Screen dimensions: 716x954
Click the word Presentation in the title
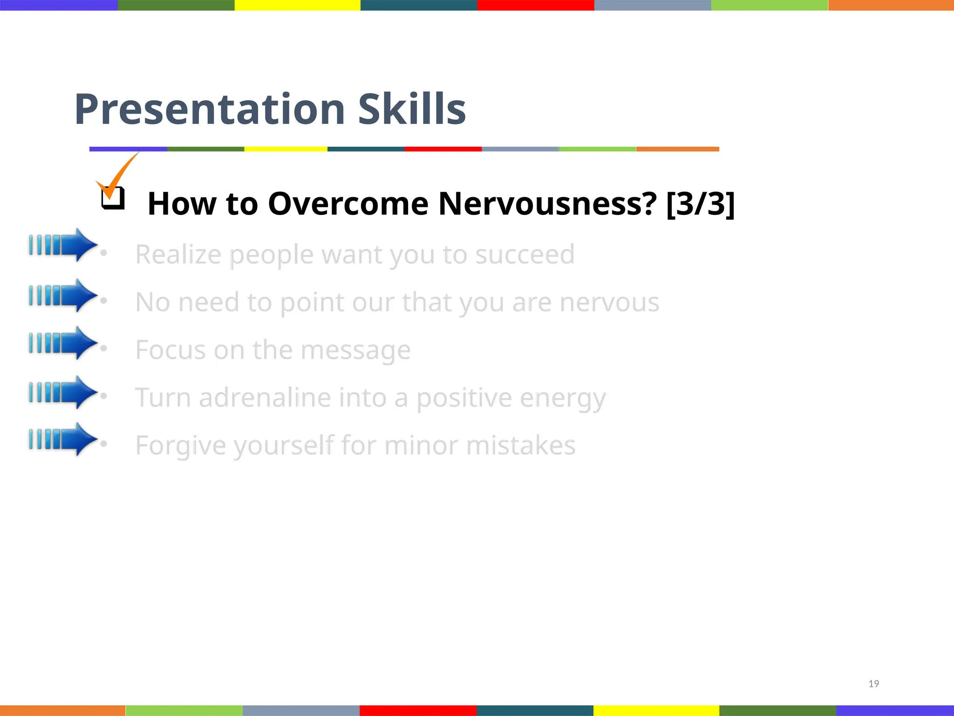click(x=210, y=110)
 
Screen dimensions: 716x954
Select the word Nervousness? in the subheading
click(x=547, y=204)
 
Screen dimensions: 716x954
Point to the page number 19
click(x=873, y=684)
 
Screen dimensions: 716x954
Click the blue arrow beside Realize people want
click(x=63, y=245)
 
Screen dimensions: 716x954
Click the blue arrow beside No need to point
click(x=63, y=295)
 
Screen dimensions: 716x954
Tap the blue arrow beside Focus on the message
click(x=63, y=343)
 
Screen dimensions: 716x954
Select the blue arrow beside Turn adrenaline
click(x=63, y=392)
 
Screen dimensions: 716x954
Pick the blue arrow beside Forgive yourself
click(x=63, y=439)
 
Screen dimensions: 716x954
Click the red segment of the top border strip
click(x=535, y=5)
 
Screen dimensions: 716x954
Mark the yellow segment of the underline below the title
click(x=286, y=149)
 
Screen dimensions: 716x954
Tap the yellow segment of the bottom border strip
click(x=656, y=710)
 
